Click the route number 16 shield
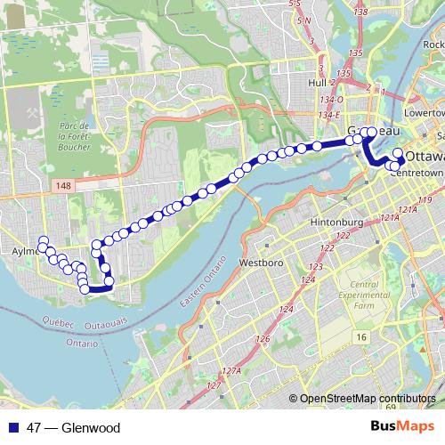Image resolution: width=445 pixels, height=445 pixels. [x=360, y=336]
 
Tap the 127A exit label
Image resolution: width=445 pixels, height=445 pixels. [x=232, y=371]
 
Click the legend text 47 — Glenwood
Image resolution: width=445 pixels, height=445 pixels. [x=73, y=428]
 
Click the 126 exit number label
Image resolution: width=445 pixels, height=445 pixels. [x=262, y=340]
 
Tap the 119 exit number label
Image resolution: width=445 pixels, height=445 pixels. [x=424, y=200]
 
